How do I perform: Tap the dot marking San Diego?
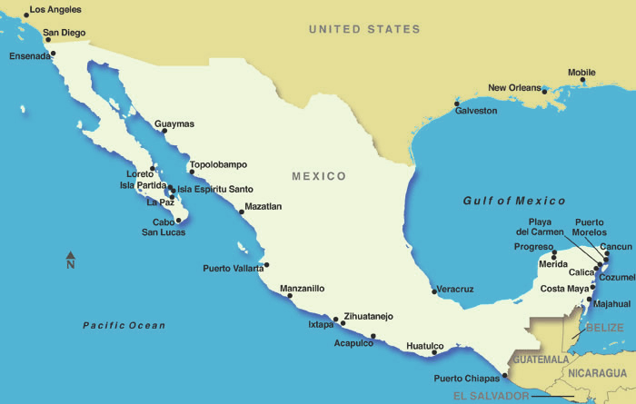pos(47,39)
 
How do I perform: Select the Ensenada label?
pos(30,55)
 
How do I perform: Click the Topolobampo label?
pos(218,164)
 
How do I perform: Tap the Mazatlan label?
pos(263,206)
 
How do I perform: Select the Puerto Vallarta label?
pos(233,268)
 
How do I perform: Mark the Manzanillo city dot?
pos(290,295)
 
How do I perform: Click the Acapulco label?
pos(353,343)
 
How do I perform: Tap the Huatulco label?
pos(424,345)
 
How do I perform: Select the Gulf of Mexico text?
pos(513,201)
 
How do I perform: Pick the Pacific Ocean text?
pos(124,325)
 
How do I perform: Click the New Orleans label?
pos(515,88)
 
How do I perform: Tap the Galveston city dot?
pos(456,103)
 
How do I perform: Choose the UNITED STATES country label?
pos(364,29)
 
